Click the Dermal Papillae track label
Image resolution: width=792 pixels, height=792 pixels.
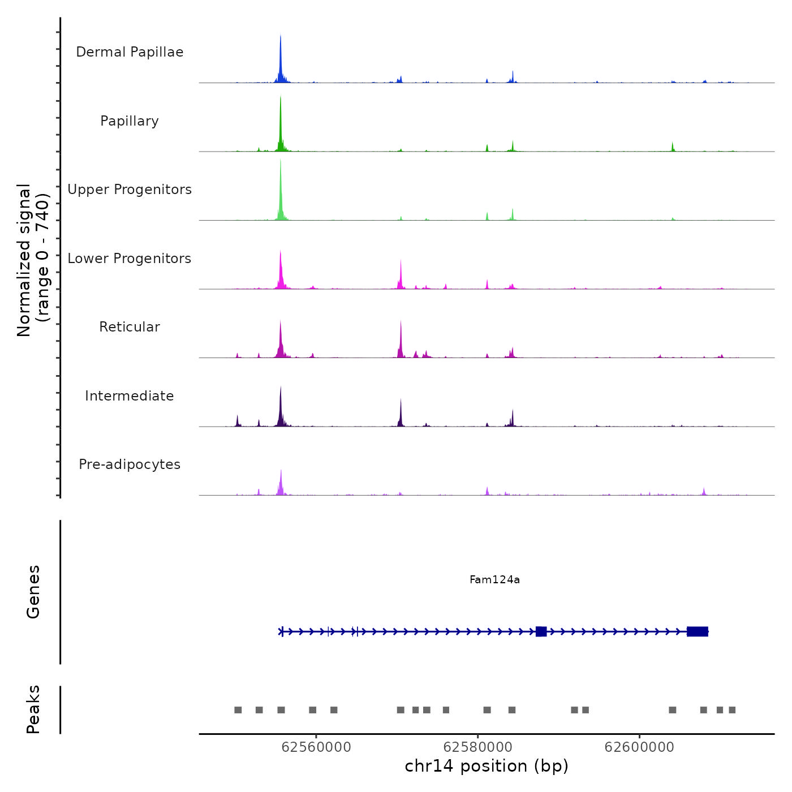click(130, 52)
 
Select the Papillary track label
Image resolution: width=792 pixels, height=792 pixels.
click(130, 121)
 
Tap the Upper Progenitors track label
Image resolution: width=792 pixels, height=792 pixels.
click(130, 190)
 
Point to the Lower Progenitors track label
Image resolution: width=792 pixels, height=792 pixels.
click(130, 259)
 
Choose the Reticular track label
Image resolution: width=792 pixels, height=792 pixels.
click(130, 327)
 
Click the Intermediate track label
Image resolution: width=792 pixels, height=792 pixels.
click(130, 396)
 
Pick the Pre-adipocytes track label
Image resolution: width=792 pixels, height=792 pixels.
click(130, 464)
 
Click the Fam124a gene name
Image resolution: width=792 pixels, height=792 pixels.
click(494, 579)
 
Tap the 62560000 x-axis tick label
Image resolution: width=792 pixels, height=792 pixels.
click(316, 747)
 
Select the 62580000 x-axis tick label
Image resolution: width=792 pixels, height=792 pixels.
click(478, 747)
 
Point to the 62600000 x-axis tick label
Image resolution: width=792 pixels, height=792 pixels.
click(640, 747)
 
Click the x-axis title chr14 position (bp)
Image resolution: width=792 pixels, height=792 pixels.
click(487, 766)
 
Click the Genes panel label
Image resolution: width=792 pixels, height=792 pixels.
click(33, 592)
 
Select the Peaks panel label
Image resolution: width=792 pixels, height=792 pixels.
click(33, 709)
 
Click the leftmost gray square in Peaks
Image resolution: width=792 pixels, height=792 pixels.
click(238, 710)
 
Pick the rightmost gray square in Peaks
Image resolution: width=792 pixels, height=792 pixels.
click(732, 710)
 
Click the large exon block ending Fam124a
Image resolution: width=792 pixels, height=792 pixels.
click(698, 631)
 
